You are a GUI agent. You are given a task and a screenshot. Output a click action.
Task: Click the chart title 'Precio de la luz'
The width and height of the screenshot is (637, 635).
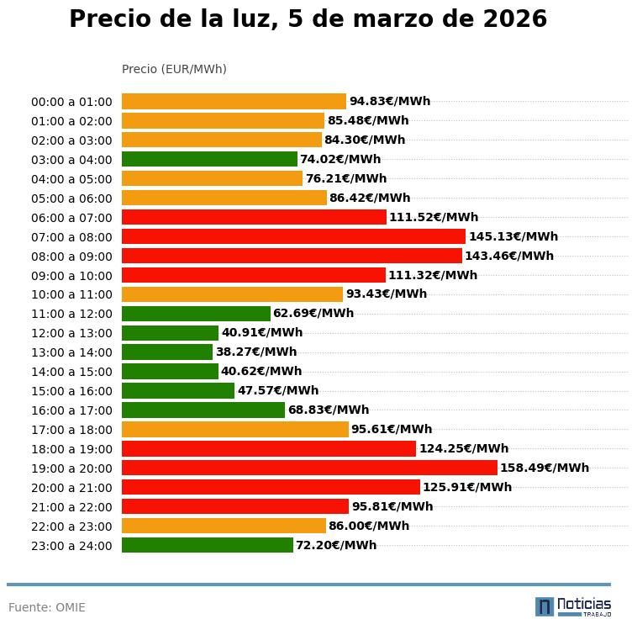pos(308,19)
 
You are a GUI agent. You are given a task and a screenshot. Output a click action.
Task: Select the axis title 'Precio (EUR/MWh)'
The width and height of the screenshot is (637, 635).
pos(174,69)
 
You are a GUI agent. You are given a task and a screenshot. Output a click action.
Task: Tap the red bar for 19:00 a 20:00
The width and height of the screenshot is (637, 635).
pos(309,468)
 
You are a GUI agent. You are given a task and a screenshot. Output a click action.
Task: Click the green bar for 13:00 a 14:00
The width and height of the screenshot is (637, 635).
pos(167,352)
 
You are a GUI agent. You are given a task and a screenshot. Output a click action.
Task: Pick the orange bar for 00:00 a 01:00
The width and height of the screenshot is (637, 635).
pos(234,102)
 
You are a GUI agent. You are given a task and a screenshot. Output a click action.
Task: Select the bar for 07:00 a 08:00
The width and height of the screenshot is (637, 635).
pos(293,236)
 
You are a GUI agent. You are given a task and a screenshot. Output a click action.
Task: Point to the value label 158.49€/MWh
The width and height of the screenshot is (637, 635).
pos(545,468)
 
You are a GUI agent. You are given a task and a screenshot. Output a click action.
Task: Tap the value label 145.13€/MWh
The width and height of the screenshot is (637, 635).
pos(513,236)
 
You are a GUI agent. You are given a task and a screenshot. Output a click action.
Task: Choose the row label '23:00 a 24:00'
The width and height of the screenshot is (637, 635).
pos(71,546)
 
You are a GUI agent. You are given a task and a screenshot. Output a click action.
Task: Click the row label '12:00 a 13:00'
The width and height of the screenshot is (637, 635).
pos(71,333)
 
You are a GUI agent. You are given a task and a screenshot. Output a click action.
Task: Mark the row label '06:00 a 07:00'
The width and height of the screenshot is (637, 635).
pos(71,218)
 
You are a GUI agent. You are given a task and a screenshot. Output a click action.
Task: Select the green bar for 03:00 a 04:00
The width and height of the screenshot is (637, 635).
pos(209,159)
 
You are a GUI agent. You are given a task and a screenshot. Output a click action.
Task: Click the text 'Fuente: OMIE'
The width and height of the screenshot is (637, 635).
pos(47,607)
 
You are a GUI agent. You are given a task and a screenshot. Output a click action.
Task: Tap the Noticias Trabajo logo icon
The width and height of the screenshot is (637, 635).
pos(545,606)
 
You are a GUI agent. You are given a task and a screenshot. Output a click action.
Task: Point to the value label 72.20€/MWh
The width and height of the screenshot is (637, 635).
pos(336,545)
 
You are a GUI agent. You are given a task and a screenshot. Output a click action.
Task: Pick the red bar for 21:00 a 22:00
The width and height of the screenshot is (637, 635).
pos(235,506)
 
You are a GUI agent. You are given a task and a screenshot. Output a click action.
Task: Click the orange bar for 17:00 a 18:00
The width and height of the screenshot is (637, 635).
pos(235,429)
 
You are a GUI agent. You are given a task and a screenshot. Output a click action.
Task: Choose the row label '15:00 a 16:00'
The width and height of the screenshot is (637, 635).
pos(71,391)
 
